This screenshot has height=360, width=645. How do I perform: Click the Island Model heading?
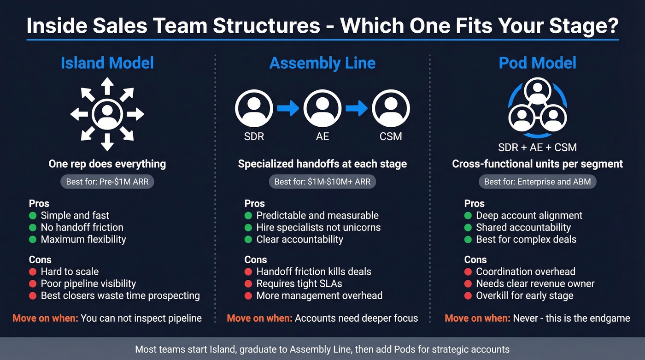[x=107, y=63]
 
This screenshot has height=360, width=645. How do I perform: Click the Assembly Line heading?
[x=322, y=63]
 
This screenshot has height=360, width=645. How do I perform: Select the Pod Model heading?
[x=537, y=63]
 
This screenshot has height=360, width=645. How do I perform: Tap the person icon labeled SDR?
[x=254, y=108]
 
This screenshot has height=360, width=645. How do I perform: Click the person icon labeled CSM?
[x=391, y=108]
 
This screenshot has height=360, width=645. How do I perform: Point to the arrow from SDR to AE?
[x=288, y=108]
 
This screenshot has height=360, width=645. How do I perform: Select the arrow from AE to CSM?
[x=357, y=108]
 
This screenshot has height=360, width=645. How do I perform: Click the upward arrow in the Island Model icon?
[x=107, y=86]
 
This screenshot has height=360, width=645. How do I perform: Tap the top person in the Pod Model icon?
[x=537, y=91]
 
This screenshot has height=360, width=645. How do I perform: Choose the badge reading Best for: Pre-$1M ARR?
[x=107, y=182]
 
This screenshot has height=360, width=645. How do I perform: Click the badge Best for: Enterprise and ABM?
[x=537, y=182]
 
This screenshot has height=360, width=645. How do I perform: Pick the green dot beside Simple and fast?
[x=33, y=215]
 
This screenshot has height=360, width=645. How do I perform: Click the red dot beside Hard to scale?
[x=33, y=271]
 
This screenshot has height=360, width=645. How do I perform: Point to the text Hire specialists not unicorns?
[x=318, y=227]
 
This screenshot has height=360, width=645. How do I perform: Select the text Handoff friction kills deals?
[x=314, y=271]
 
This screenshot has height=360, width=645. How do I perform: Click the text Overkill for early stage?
[x=524, y=295]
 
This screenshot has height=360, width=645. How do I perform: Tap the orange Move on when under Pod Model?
[x=477, y=318]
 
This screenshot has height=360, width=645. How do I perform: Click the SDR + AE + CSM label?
[x=537, y=148]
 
